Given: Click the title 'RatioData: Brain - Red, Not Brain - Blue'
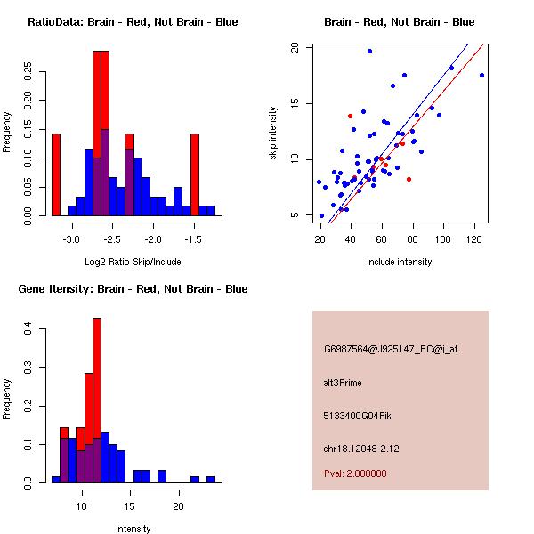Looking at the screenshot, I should coord(132,22).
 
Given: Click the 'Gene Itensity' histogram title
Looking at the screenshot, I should coord(133,289).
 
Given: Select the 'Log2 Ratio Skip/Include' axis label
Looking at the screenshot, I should coord(133,262).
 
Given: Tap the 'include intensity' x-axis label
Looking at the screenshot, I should coord(400,262).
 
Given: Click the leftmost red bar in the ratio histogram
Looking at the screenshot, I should coord(56,174).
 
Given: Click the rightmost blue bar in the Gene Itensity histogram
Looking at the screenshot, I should coord(211,479).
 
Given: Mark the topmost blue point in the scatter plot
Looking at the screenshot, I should coord(369,51).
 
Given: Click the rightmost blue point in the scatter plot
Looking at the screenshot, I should coord(481,75).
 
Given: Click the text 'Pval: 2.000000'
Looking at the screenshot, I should coord(353,474).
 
